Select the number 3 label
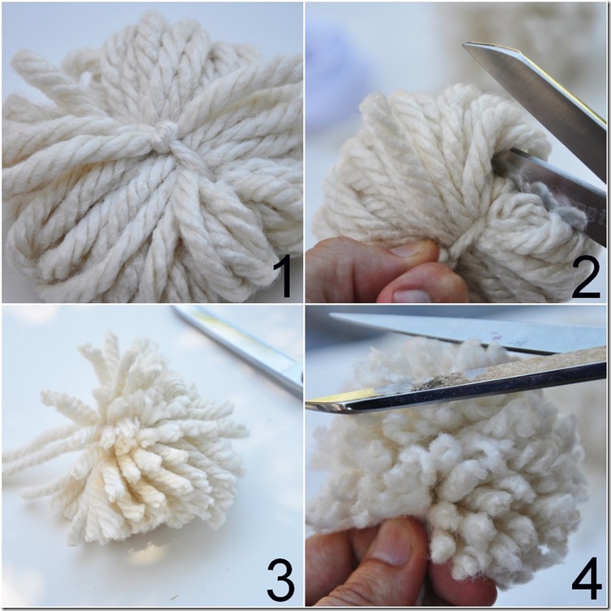click(x=281, y=579)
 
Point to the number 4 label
click(x=587, y=579)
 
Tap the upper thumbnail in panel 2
click(x=409, y=250)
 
